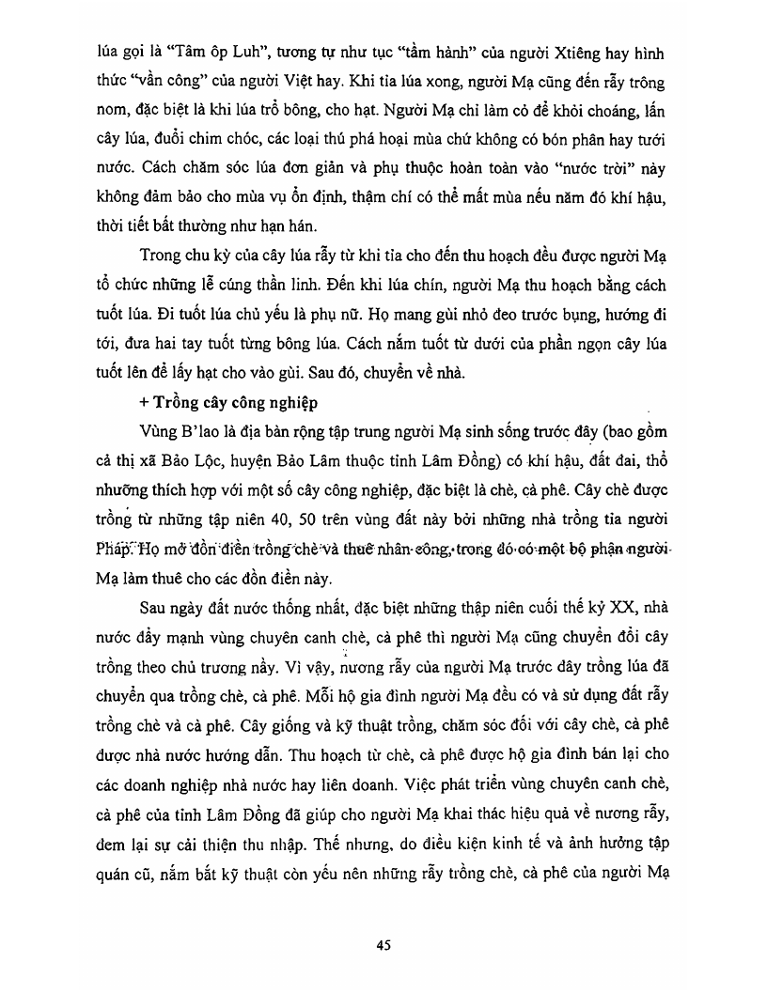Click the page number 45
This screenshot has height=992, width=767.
[383, 945]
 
